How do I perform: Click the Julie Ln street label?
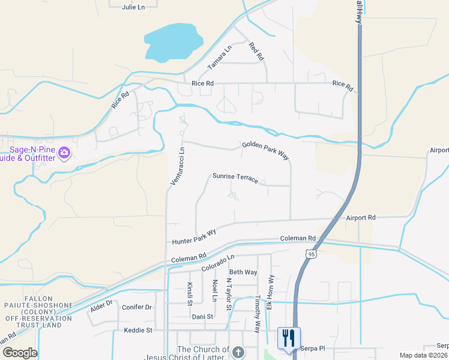click(x=133, y=7)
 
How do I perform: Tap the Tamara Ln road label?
click(x=220, y=58)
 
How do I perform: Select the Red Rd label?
click(x=256, y=52)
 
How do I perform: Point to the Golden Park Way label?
click(x=266, y=150)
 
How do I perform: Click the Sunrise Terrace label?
click(x=235, y=178)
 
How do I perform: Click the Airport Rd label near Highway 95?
click(x=360, y=218)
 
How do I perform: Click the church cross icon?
click(x=238, y=352)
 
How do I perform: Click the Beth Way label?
click(x=243, y=272)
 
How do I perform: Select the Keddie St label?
click(x=139, y=330)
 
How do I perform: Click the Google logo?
click(x=19, y=353)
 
